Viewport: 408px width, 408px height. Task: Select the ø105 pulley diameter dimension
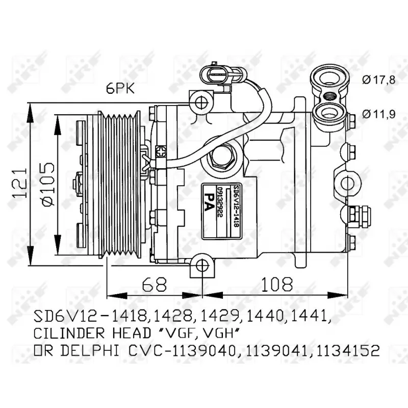click(x=46, y=185)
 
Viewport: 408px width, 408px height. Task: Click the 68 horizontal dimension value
click(x=154, y=284)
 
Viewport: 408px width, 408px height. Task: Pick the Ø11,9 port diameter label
click(x=379, y=114)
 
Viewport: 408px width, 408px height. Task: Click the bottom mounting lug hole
click(x=202, y=265)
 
